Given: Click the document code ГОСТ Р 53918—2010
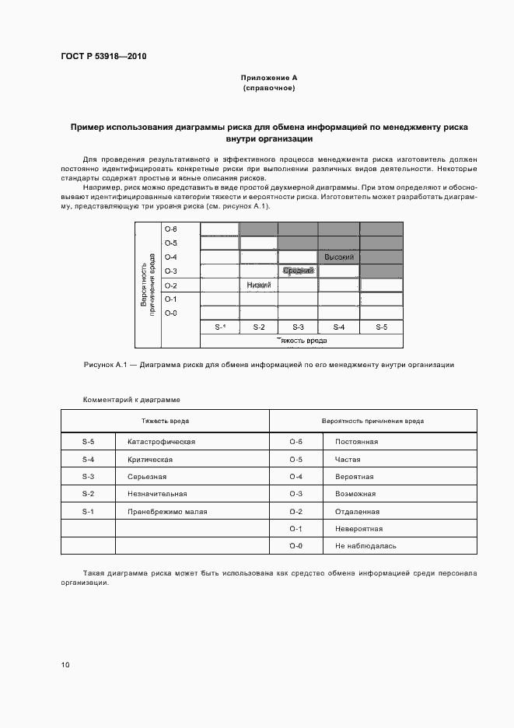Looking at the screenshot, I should coord(103,57).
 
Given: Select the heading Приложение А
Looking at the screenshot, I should coord(268,78).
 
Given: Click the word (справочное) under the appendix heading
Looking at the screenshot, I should coord(268,88).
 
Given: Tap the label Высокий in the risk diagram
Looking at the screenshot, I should coord(339,257).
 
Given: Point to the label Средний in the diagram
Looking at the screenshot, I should coord(298,271).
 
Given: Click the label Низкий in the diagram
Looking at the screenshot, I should coord(258,285).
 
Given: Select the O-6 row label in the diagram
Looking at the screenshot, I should coord(171,229).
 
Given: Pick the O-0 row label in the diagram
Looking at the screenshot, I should coord(171,313).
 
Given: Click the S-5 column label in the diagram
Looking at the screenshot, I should coord(381,327).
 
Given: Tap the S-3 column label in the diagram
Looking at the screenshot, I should coord(298,327).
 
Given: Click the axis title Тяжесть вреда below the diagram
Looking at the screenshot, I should coord(302,341).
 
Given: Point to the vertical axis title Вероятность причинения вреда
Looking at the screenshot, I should coord(148,285).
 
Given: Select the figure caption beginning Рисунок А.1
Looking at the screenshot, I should coord(268,364).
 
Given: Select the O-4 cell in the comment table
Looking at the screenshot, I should coord(295,476).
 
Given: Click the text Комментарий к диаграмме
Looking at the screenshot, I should coord(131,399).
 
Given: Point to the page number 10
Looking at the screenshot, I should coord(65,665).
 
